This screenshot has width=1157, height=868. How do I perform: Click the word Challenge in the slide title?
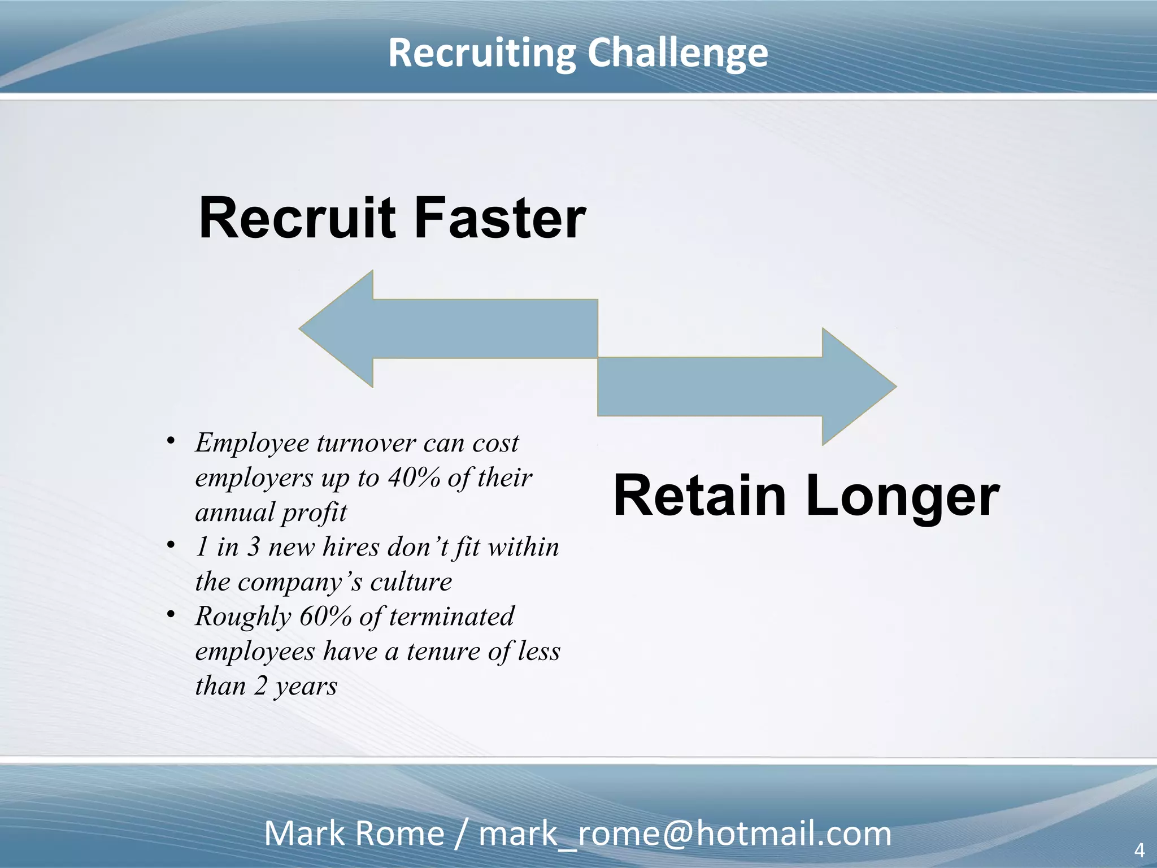(677, 54)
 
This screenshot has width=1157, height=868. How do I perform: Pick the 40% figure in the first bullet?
(414, 478)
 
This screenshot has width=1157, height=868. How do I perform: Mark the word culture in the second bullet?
(411, 582)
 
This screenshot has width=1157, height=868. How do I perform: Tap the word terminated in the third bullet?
(451, 617)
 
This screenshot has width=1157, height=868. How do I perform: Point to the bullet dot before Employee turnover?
(171, 441)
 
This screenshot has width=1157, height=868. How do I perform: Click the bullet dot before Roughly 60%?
(171, 614)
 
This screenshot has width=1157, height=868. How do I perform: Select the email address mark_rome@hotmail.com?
(685, 834)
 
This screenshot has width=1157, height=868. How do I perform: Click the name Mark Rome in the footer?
(354, 834)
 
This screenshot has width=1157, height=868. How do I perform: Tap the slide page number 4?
(1139, 850)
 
